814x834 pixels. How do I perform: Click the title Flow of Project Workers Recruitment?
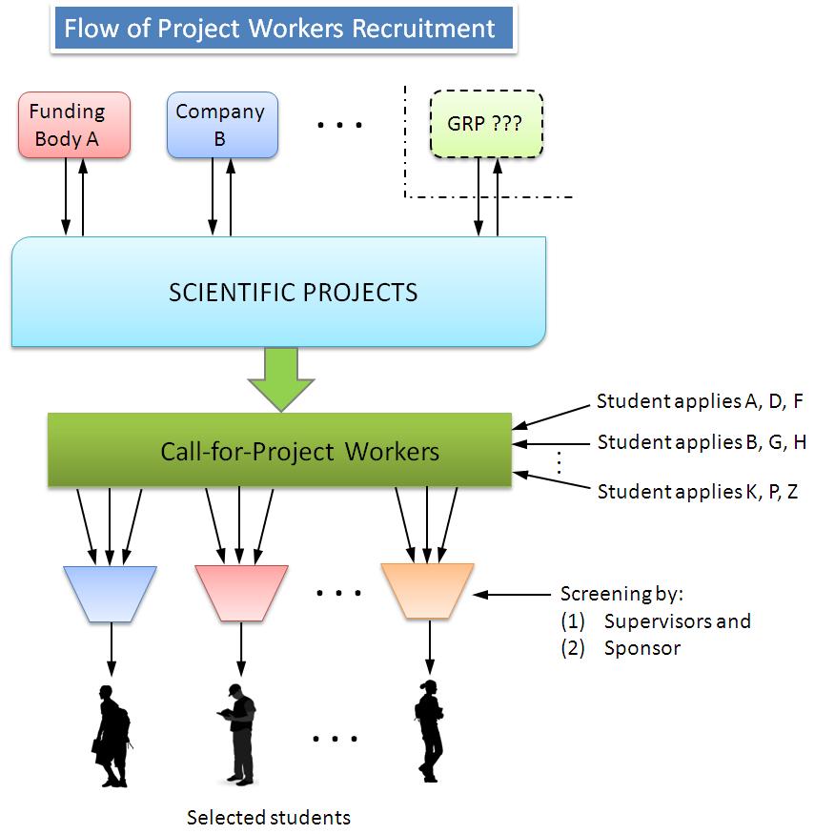(280, 29)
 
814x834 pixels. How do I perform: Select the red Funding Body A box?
(73, 125)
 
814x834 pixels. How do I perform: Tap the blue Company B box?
(222, 125)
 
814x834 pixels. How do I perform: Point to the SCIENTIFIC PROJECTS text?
(293, 292)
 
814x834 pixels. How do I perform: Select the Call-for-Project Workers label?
(299, 450)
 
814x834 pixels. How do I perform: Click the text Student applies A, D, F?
(700, 401)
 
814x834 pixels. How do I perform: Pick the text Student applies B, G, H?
(702, 442)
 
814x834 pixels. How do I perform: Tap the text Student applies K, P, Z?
(699, 492)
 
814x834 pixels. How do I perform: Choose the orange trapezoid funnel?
(428, 591)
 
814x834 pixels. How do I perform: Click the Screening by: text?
(621, 594)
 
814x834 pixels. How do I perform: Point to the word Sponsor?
(642, 648)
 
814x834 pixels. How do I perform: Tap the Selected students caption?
(268, 818)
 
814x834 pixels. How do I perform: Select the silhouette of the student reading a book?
(239, 732)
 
